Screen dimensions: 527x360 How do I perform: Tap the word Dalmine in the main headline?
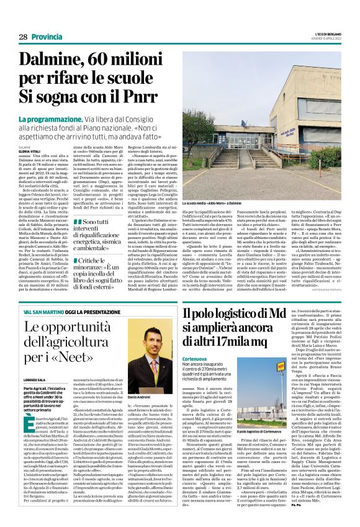point(60,60)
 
